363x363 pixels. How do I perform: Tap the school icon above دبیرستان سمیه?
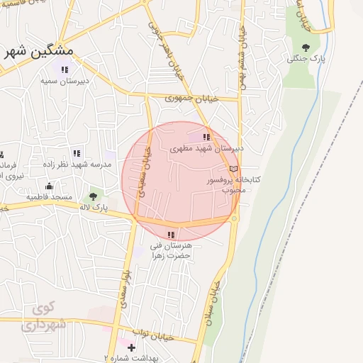click(65, 69)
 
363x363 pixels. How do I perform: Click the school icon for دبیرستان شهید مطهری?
click(206, 137)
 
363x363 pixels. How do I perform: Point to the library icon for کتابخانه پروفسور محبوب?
click(233, 169)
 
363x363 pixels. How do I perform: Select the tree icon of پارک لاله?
click(93, 196)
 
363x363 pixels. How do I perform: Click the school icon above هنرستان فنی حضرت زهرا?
click(171, 235)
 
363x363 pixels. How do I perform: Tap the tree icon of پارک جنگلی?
click(306, 48)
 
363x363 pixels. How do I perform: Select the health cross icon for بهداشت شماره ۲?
click(130, 347)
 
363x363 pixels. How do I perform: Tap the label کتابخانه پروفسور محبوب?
click(233, 184)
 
